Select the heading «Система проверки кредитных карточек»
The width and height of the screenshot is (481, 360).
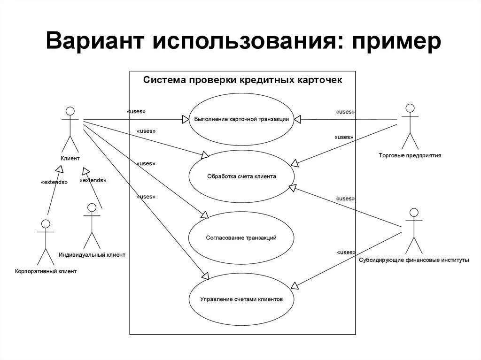tap(242, 80)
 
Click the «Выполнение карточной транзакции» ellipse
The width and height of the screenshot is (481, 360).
tap(241, 119)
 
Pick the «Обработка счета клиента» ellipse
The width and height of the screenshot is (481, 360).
tap(241, 176)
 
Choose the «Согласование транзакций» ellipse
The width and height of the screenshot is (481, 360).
tap(241, 237)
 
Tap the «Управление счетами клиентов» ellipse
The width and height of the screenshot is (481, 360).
tap(241, 299)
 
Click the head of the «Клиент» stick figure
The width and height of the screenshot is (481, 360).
tap(70, 111)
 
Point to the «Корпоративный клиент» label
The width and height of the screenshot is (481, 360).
tap(46, 271)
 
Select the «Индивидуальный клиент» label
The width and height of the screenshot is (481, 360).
tap(92, 255)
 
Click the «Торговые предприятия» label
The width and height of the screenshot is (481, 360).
tap(410, 155)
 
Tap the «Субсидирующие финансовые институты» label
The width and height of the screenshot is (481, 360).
tap(413, 260)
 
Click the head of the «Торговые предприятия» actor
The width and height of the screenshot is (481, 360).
tap(410, 107)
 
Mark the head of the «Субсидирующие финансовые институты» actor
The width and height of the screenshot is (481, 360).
tap(413, 212)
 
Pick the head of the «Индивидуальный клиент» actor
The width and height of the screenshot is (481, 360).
tap(92, 207)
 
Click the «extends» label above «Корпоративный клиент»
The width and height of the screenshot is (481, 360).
tap(54, 182)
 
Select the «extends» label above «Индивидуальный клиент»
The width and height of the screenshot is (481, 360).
tap(93, 180)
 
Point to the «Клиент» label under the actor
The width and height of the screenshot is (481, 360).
tap(70, 159)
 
